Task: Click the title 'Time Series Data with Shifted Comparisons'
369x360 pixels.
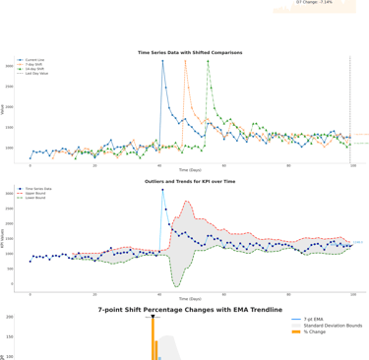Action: point(190,52)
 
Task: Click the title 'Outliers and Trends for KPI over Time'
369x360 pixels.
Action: point(190,181)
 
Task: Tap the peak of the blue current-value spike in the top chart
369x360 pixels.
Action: point(163,61)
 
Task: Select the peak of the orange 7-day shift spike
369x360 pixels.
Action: point(186,61)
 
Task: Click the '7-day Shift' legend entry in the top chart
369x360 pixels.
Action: point(38,65)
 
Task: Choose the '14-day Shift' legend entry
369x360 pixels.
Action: point(39,69)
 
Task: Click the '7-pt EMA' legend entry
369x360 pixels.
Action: point(314,320)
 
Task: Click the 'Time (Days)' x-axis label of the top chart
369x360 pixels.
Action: point(190,171)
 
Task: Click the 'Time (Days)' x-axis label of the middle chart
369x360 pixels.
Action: point(190,299)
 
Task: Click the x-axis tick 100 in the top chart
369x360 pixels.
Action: point(352,165)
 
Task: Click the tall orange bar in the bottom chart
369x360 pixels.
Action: point(154,338)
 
